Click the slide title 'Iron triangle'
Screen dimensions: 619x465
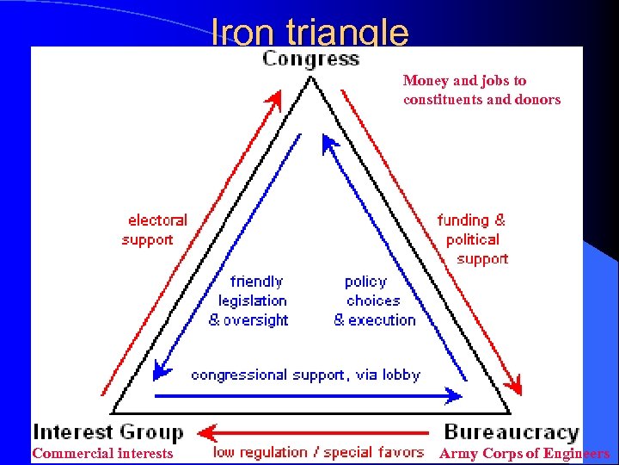(309, 33)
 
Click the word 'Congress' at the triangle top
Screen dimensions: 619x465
(310, 59)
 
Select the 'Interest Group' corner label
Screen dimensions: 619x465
(108, 431)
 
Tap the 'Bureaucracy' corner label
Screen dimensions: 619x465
(512, 431)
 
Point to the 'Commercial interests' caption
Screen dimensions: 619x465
(102, 453)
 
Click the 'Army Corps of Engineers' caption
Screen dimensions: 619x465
(524, 453)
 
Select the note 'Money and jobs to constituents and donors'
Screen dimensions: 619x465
(481, 90)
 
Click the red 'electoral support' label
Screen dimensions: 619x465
(154, 230)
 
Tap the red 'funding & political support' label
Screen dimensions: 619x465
(473, 239)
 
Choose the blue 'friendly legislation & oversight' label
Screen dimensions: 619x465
(248, 301)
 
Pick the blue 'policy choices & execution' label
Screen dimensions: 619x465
(374, 301)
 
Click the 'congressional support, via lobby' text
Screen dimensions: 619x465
(305, 375)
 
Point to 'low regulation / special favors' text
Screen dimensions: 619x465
(319, 452)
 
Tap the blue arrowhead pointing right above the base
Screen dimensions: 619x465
(456, 396)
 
